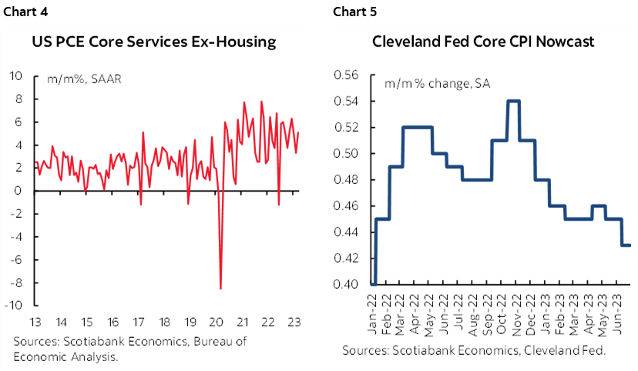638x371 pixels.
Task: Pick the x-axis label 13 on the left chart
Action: (36, 321)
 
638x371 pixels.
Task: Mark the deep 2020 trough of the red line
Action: (221, 288)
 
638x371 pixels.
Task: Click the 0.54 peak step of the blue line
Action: (512, 101)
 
